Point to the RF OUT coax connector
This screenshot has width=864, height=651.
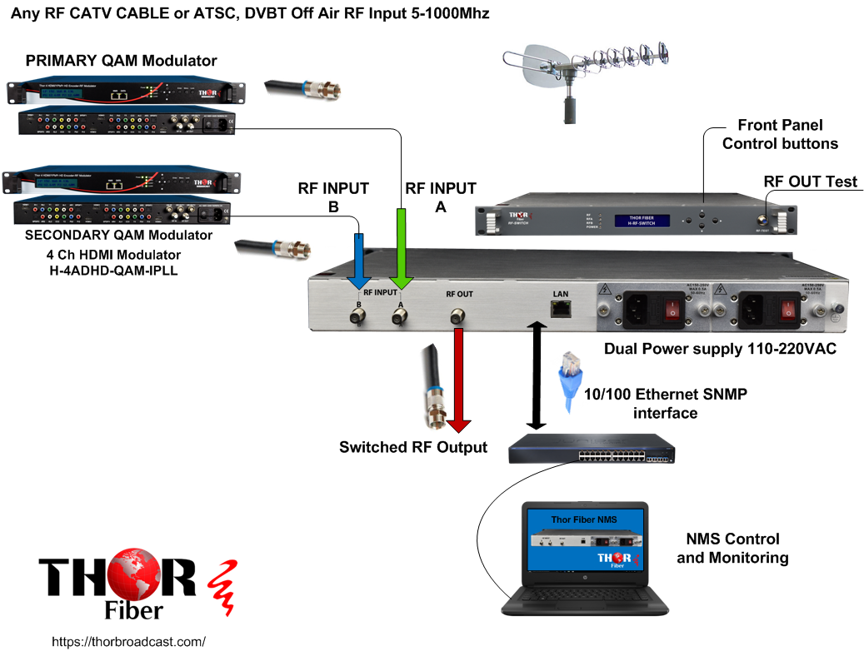pos(457,316)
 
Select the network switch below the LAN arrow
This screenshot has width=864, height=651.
pos(592,449)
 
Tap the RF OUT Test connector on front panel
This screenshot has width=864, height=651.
pos(762,221)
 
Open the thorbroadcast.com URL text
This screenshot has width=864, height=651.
pos(128,642)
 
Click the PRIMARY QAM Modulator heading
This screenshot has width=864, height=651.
pos(121,61)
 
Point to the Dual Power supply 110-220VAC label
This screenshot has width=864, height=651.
pos(720,349)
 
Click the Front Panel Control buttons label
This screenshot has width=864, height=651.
pos(780,134)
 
